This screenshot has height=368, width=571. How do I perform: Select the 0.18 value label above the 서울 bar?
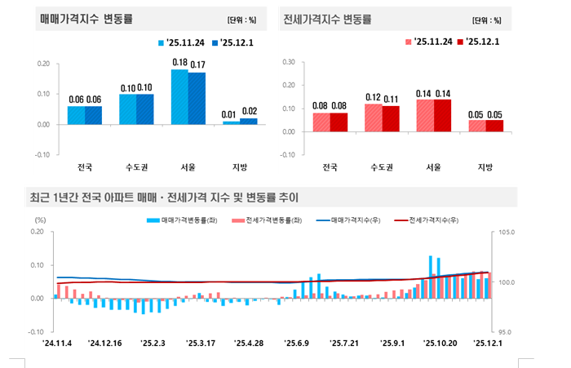click(179, 62)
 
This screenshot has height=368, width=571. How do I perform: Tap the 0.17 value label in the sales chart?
click(197, 64)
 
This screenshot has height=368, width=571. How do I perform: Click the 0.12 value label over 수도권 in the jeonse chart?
click(374, 96)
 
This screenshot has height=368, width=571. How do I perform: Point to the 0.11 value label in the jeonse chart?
click(392, 99)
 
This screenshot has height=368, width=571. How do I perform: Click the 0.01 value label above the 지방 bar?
click(232, 113)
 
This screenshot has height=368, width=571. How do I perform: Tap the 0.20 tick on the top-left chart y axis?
click(43, 64)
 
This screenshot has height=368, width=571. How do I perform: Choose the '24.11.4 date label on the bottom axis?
click(59, 344)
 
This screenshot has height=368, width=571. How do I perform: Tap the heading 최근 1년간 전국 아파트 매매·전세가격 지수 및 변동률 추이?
click(164, 197)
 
